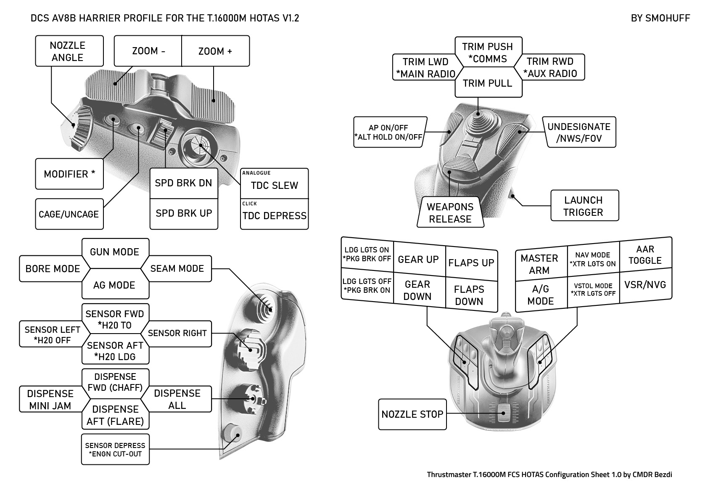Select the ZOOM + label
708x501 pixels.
215,51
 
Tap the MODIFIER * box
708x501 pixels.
69,174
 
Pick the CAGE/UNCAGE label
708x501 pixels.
69,214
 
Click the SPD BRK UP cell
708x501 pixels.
184,214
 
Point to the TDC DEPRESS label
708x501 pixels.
274,215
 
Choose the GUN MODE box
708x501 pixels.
115,252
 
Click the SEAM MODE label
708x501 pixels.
177,268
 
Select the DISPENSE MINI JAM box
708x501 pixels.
50,399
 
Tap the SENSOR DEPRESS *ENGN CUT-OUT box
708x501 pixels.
115,449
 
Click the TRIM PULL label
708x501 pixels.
488,83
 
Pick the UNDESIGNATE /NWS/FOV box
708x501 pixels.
579,133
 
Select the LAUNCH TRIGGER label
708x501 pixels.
584,206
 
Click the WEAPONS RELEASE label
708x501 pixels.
450,212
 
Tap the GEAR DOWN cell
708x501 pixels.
417,290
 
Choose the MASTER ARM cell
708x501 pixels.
540,264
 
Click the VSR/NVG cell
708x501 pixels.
645,285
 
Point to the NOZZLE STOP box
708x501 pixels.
412,414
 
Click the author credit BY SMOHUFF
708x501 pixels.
660,18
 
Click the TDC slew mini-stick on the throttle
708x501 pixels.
200,146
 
